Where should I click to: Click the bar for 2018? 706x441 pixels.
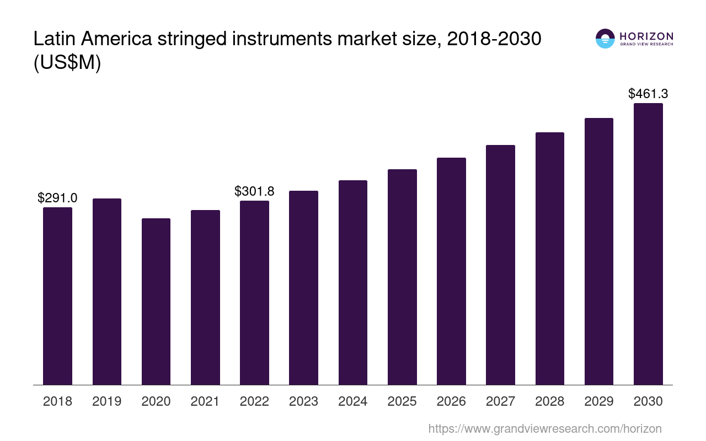click(57, 296)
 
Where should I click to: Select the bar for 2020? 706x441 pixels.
click(156, 302)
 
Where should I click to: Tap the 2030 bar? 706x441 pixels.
click(648, 244)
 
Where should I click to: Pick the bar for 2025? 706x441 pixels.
click(402, 277)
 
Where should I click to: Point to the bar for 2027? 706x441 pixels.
click(500, 265)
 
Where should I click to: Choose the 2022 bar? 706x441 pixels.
click(254, 293)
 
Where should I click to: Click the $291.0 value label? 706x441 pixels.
click(57, 198)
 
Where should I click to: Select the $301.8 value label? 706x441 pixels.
click(254, 191)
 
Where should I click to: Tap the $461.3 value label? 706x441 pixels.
click(648, 94)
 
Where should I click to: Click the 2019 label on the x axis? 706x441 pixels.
click(107, 401)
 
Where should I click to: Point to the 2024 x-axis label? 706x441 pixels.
click(353, 401)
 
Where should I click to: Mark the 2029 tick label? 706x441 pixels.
click(599, 401)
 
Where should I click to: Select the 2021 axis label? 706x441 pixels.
click(205, 401)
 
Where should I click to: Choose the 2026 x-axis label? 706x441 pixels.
click(451, 401)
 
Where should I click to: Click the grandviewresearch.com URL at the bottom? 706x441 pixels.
click(545, 428)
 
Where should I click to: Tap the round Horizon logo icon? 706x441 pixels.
click(605, 39)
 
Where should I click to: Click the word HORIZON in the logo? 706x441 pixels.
click(646, 36)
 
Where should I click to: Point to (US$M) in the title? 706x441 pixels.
click(67, 63)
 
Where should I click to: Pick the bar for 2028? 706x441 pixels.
click(550, 259)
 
